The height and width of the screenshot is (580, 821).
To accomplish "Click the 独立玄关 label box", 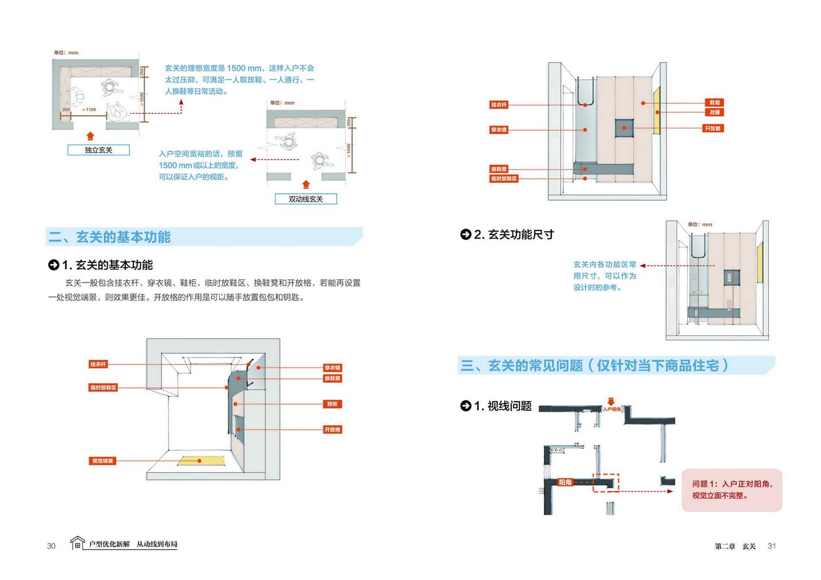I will (98, 150).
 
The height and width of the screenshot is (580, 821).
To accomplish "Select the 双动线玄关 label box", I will (306, 199).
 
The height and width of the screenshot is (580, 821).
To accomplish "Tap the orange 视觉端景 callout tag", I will (103, 461).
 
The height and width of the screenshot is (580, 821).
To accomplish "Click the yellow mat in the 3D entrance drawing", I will (199, 460).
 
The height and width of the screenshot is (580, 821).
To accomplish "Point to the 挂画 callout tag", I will (715, 112).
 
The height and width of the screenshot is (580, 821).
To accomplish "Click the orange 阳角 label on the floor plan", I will (565, 482).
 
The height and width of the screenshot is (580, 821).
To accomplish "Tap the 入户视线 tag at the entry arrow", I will (611, 409).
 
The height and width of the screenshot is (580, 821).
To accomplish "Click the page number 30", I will (52, 546).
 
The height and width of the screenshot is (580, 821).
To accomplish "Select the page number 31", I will (771, 546).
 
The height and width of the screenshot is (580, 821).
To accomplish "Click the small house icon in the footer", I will (77, 543).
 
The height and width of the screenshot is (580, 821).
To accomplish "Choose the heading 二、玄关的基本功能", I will (110, 237).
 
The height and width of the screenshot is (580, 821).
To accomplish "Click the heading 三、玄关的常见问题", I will (594, 366).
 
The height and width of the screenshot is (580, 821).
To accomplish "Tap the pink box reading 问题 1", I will (732, 490).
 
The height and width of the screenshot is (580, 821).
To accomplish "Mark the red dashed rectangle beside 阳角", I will (606, 483).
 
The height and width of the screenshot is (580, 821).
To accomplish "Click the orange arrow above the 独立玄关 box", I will (90, 136).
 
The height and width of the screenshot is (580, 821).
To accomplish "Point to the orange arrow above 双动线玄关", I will (306, 185).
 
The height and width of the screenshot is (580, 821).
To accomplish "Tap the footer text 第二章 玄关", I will (735, 546).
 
